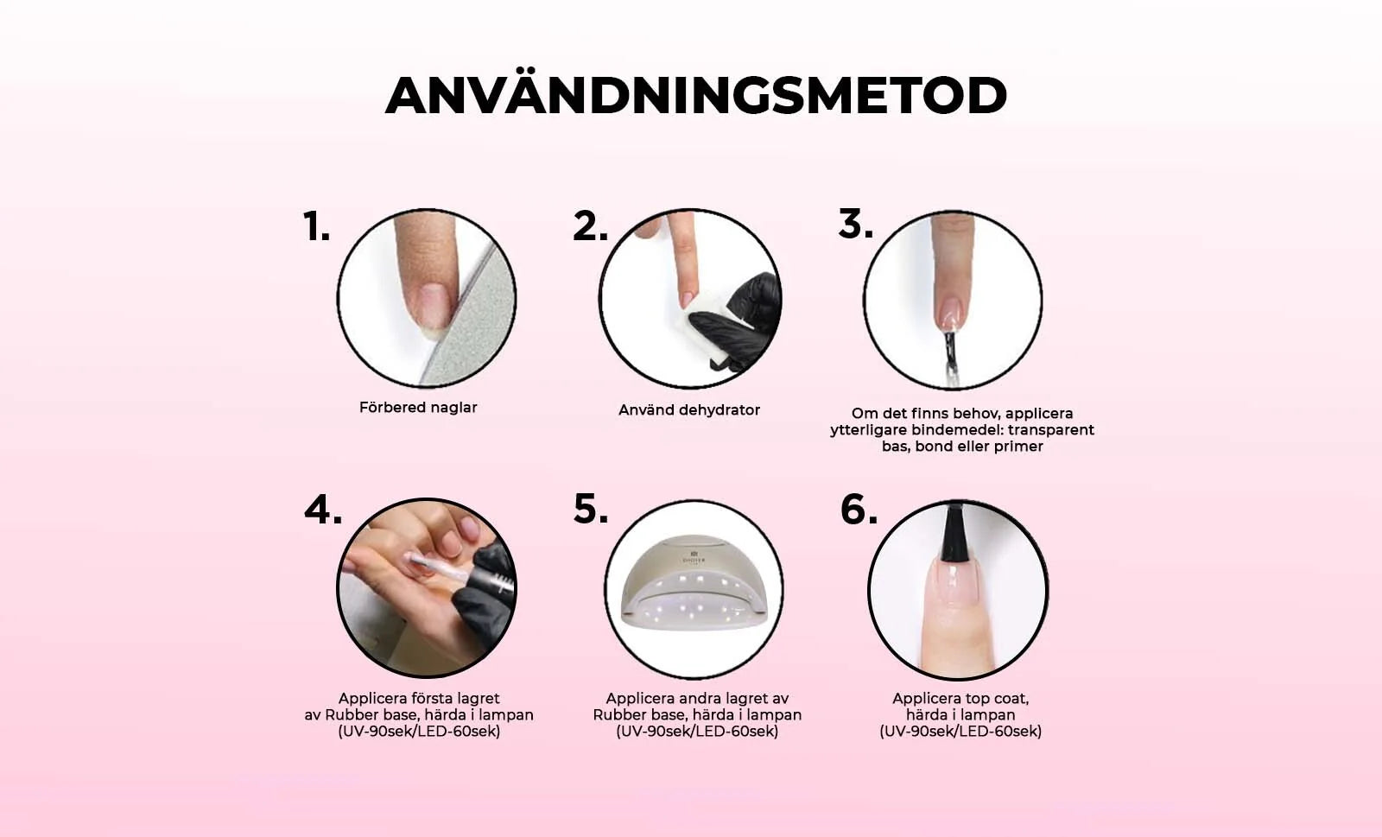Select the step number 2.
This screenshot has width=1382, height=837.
(591, 225)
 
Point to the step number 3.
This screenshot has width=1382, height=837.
(856, 223)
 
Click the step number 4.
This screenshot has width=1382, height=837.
(323, 510)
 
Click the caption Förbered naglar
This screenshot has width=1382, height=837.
(418, 408)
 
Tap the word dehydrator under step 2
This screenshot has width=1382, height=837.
(720, 410)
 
